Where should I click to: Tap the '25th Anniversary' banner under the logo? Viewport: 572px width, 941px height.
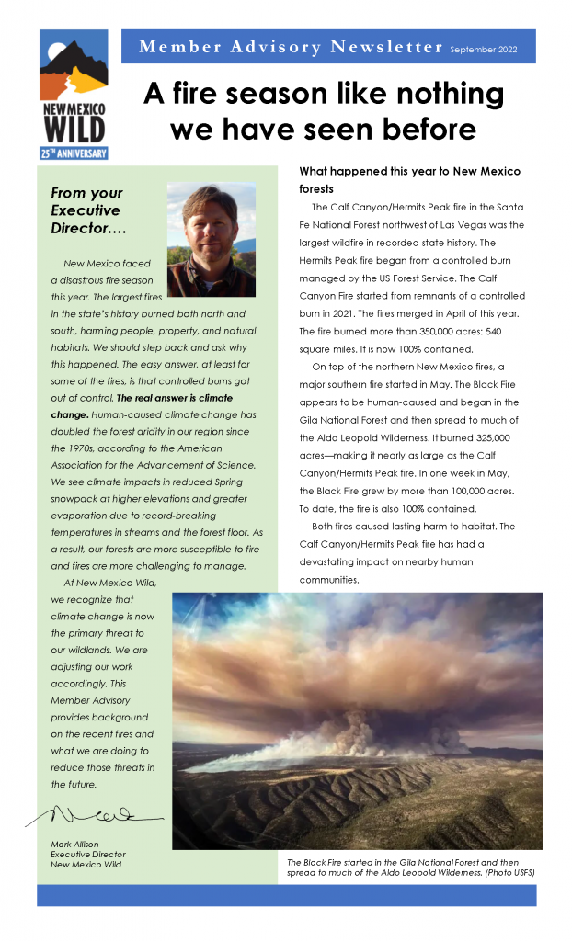click(x=73, y=153)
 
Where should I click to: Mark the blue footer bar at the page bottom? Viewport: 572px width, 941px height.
click(x=286, y=895)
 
